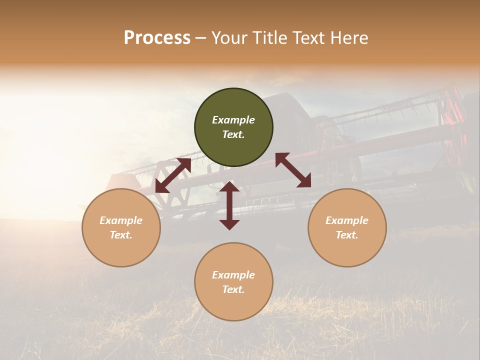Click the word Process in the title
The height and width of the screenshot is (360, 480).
click(157, 38)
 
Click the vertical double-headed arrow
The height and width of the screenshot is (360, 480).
click(229, 205)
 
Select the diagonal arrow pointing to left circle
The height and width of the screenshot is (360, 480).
click(173, 175)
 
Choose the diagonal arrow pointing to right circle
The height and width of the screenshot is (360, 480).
click(293, 170)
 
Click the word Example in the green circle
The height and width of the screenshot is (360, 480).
click(233, 120)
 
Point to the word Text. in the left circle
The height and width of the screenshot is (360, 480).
click(121, 235)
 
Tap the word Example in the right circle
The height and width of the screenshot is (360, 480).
click(347, 220)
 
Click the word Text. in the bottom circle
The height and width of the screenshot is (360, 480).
click(233, 289)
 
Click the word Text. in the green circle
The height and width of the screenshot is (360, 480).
click(233, 134)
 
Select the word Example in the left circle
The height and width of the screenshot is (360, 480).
click(121, 220)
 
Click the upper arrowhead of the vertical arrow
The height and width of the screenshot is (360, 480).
click(229, 186)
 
